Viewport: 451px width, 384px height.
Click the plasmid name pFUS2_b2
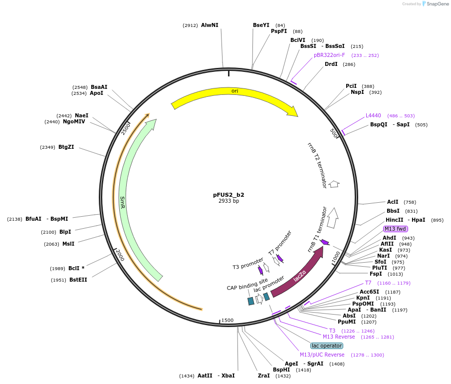pos(228,195)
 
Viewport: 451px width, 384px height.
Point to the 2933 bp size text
pos(228,201)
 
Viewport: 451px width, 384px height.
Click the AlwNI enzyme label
pos(210,25)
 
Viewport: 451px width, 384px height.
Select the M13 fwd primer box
pos(395,229)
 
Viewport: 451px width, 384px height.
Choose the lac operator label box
pos(327,346)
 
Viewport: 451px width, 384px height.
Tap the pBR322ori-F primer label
pos(329,55)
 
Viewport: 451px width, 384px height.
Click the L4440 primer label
pos(373,115)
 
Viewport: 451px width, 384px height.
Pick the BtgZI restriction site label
pos(66,147)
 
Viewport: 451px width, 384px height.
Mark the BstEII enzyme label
pos(78,280)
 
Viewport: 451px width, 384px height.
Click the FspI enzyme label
pos(376,274)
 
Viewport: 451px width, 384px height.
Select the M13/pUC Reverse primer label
pos(322,355)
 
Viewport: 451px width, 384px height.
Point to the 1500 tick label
pos(227,320)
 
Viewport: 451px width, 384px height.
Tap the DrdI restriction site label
pos(331,64)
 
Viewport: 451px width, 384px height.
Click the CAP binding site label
pos(247,288)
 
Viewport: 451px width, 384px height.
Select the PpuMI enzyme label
pos(347,322)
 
